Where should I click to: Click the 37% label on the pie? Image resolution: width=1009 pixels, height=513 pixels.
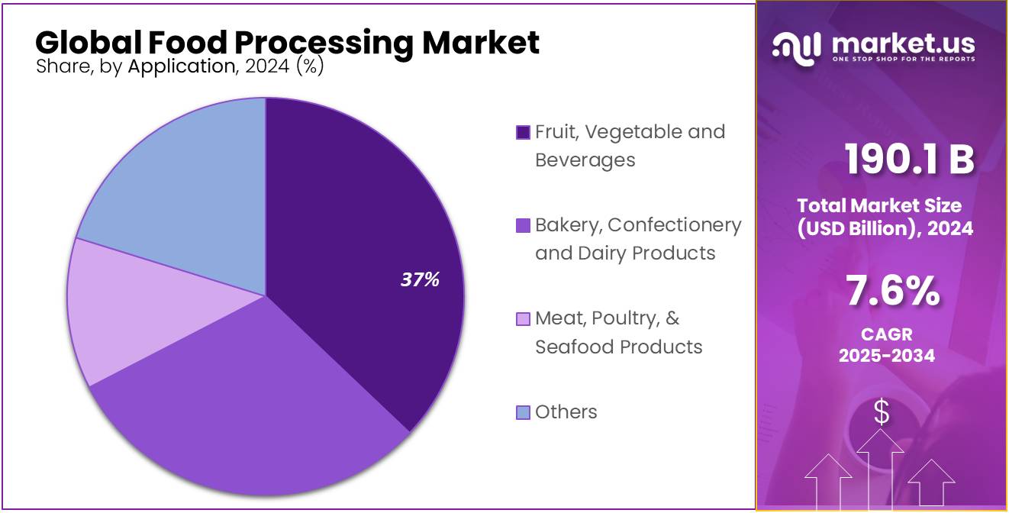[x=420, y=280]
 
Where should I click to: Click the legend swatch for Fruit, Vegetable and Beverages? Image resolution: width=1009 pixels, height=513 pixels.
[x=523, y=133]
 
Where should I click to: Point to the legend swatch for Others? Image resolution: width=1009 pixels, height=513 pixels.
[x=523, y=413]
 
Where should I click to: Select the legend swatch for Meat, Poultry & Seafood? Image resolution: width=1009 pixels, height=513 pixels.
[x=523, y=319]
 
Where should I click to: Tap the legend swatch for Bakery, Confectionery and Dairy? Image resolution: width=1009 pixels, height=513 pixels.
[x=523, y=226]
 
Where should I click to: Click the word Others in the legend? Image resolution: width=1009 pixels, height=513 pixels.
[x=566, y=412]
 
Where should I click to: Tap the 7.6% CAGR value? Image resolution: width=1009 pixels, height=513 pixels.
[x=892, y=292]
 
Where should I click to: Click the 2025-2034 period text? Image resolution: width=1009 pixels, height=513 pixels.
[x=886, y=355]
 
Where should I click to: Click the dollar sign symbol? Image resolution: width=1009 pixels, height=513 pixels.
[x=882, y=412]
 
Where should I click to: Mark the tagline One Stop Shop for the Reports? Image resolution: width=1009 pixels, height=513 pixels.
[x=903, y=60]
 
